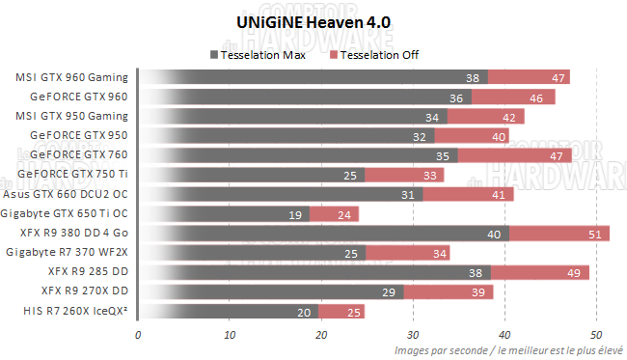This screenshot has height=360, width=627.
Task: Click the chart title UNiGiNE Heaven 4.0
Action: point(313,20)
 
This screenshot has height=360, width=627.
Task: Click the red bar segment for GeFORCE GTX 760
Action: point(515,155)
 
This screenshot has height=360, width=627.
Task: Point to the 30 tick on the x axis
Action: point(413,335)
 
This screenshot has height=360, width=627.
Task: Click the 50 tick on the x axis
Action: point(596,335)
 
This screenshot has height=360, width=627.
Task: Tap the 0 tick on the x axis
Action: point(139,335)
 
